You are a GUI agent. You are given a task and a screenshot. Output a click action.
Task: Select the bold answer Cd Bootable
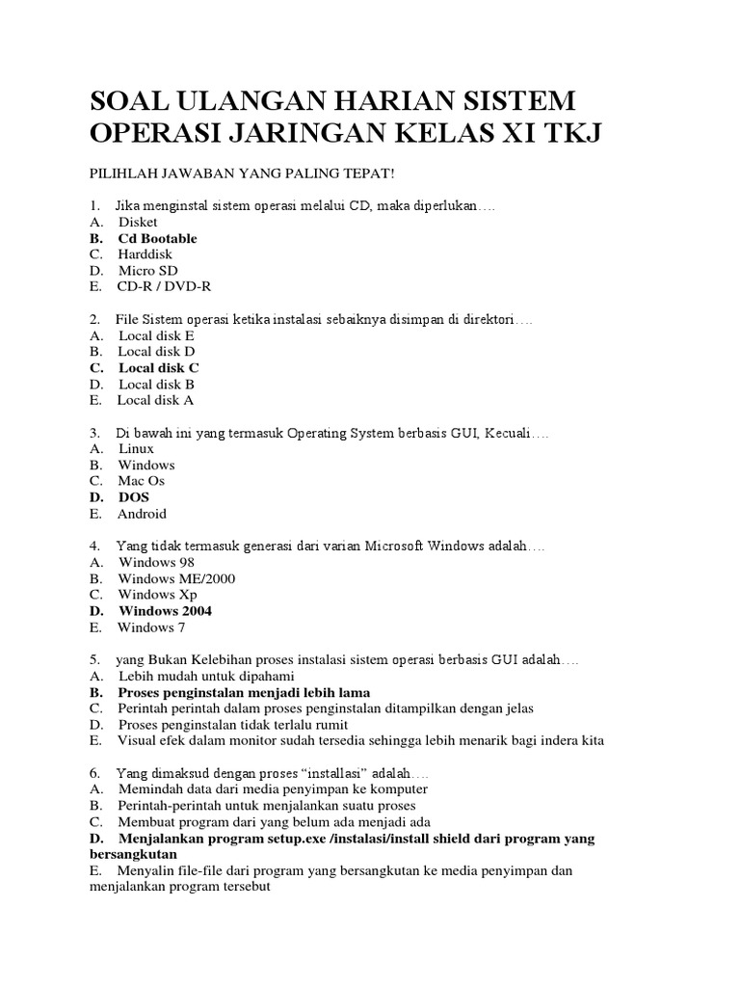[x=157, y=238]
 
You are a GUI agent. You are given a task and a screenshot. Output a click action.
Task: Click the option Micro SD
[x=147, y=271]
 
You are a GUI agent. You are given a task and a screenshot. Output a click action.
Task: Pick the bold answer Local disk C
[x=159, y=367]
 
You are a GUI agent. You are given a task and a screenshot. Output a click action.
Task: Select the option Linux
[x=136, y=448]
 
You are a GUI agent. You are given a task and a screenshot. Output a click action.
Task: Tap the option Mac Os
[x=142, y=481]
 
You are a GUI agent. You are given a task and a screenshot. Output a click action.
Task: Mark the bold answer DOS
[x=134, y=497]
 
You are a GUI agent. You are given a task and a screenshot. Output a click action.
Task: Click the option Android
[x=142, y=514]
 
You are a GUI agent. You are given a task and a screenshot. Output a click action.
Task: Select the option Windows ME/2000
[x=176, y=578]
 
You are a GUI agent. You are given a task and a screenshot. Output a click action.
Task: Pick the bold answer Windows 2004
[x=165, y=611]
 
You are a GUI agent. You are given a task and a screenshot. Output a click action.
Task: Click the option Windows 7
[x=151, y=627]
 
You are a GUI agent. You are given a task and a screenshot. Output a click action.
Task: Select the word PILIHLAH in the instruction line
[x=124, y=173]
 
